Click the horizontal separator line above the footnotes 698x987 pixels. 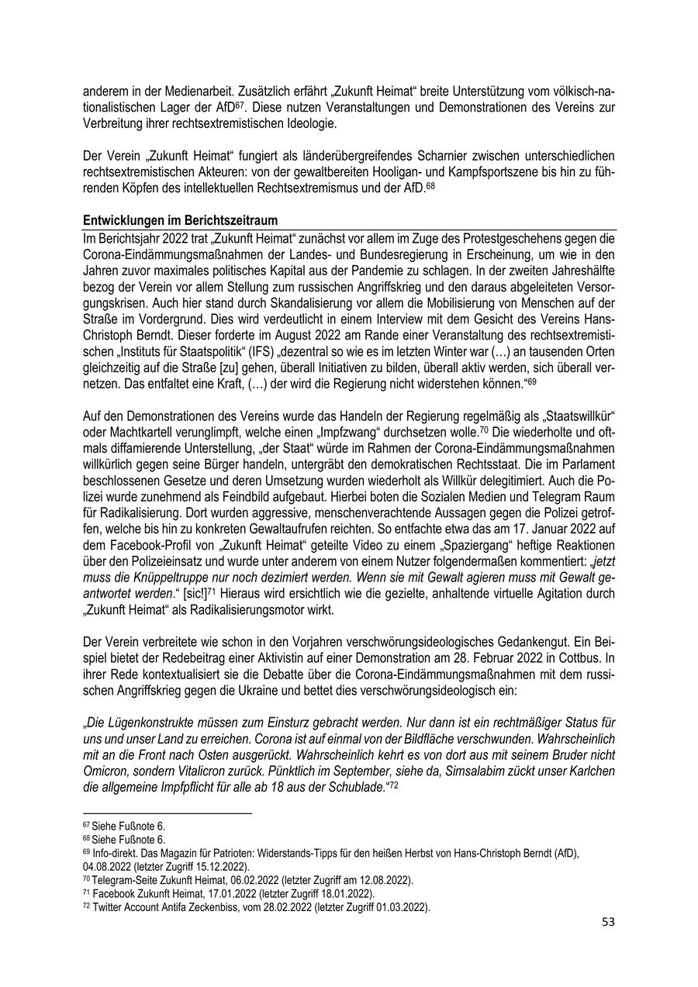coord(168,813)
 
